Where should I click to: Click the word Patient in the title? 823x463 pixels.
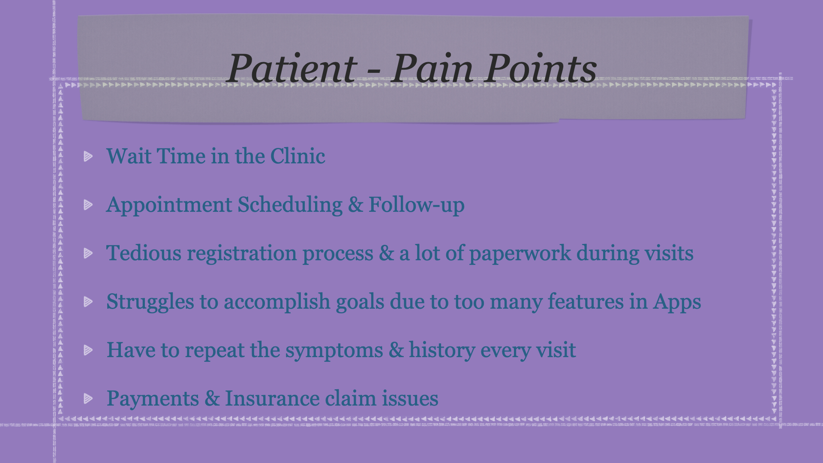[x=292, y=68]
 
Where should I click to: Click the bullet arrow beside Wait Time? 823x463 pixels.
[x=88, y=156]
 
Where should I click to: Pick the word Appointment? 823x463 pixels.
[x=169, y=205]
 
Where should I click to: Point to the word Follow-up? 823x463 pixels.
[x=417, y=205]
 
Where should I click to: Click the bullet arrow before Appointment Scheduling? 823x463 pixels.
[x=88, y=204]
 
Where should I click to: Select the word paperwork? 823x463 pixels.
[x=520, y=254]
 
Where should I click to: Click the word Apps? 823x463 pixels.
[x=677, y=302]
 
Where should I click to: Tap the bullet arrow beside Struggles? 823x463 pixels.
[x=88, y=301]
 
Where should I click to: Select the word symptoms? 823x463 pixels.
[x=334, y=351]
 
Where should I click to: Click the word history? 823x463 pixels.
[x=442, y=350]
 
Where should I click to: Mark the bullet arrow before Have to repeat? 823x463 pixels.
[x=88, y=350]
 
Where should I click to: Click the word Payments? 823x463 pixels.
[x=153, y=399]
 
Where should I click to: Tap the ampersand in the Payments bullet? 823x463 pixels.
[x=212, y=398]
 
